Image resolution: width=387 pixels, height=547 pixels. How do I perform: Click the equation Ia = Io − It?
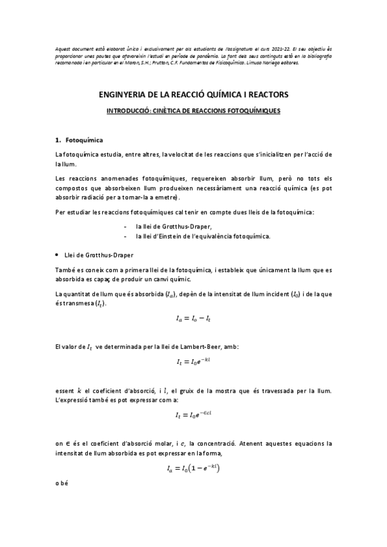coord(193,317)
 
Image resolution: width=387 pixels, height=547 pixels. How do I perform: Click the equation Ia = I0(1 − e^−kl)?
coord(193,470)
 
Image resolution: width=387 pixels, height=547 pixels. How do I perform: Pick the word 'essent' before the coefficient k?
coord(67,390)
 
